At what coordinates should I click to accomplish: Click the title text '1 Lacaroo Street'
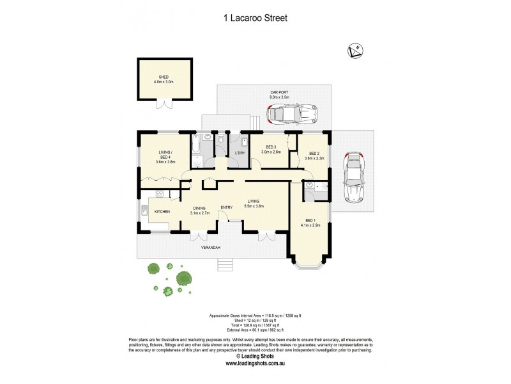255,19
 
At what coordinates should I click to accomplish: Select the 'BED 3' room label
271,147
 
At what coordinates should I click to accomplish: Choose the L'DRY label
241,152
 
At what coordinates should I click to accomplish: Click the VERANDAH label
211,247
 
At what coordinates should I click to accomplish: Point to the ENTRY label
227,207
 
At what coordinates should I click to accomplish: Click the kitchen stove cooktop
158,193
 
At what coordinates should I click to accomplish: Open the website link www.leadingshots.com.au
255,364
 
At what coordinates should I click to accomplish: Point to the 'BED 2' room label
314,154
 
